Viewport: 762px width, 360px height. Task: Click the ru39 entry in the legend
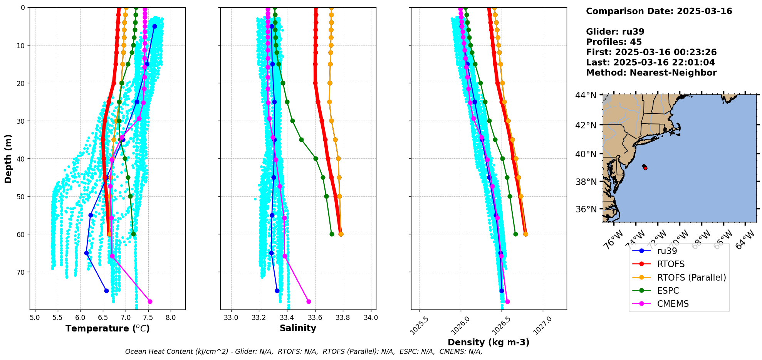pyautogui.click(x=667, y=251)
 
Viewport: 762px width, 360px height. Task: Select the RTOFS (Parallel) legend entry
pyautogui.click(x=691, y=278)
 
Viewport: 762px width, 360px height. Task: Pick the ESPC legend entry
pyautogui.click(x=668, y=291)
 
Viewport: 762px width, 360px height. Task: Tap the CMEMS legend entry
pyautogui.click(x=673, y=304)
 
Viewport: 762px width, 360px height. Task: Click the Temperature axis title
pyautogui.click(x=107, y=328)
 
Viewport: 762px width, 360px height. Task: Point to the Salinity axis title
pyautogui.click(x=298, y=328)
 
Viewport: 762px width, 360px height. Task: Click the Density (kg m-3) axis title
pyautogui.click(x=488, y=342)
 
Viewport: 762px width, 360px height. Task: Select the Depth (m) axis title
pyautogui.click(x=8, y=158)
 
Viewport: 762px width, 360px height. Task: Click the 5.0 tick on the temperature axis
pyautogui.click(x=35, y=318)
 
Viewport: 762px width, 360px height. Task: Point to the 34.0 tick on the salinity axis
pyautogui.click(x=371, y=318)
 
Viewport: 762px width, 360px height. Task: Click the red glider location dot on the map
pyautogui.click(x=645, y=168)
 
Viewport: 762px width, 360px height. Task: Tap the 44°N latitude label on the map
pyautogui.click(x=586, y=95)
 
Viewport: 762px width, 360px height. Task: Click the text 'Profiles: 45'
pyautogui.click(x=614, y=42)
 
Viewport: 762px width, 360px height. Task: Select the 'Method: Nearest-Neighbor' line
pyautogui.click(x=651, y=73)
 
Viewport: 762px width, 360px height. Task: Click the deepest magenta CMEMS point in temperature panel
pyautogui.click(x=150, y=301)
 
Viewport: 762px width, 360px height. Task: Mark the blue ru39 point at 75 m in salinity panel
pyautogui.click(x=277, y=291)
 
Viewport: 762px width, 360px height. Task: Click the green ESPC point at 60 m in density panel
pyautogui.click(x=515, y=234)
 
